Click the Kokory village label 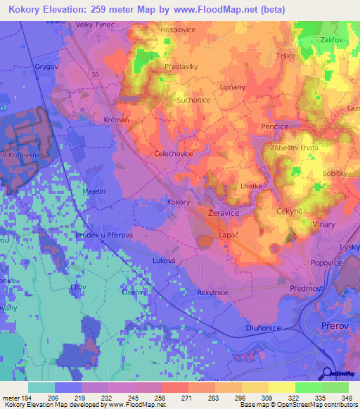[x=179, y=202]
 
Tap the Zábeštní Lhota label [x=293, y=148]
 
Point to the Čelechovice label [x=173, y=152]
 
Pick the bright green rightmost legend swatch [x=335, y=387]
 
